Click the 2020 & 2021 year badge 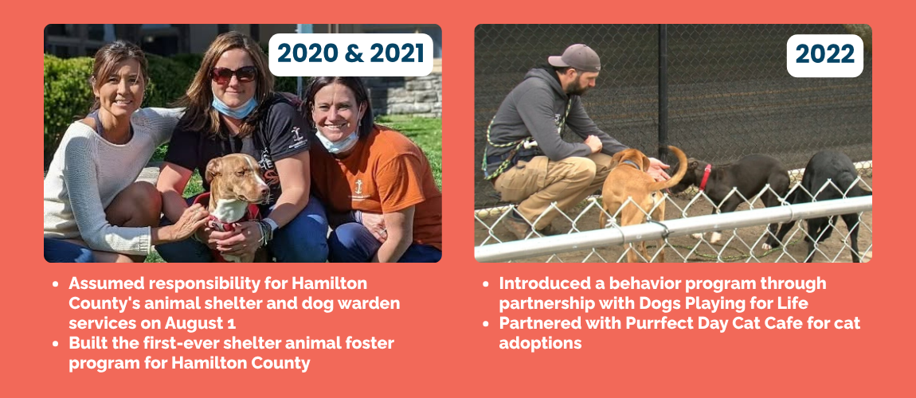point(350,54)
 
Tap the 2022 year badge point(825,55)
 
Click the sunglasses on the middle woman point(234,74)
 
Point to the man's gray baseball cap point(573,58)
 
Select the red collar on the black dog point(705,178)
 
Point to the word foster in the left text point(367,342)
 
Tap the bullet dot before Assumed point(55,283)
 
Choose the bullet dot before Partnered point(485,323)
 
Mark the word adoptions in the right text point(540,343)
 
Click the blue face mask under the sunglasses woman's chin point(234,107)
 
